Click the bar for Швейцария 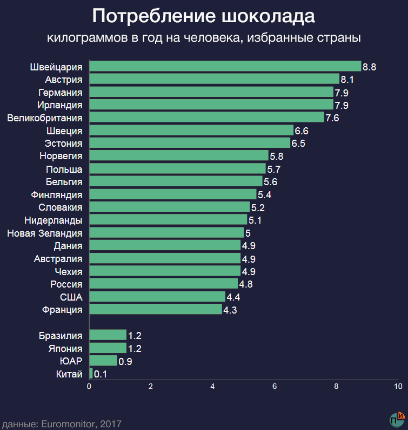225,66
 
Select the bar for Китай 91,374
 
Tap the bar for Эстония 189,143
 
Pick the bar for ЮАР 103,361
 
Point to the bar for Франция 155,309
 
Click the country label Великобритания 45,118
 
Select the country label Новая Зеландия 45,233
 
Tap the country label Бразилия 61,336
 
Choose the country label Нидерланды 53,220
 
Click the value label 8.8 370,67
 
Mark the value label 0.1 101,374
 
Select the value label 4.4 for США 233,297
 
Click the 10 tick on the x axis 398,387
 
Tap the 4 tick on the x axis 213,387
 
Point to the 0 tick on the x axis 89,387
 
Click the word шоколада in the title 268,16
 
